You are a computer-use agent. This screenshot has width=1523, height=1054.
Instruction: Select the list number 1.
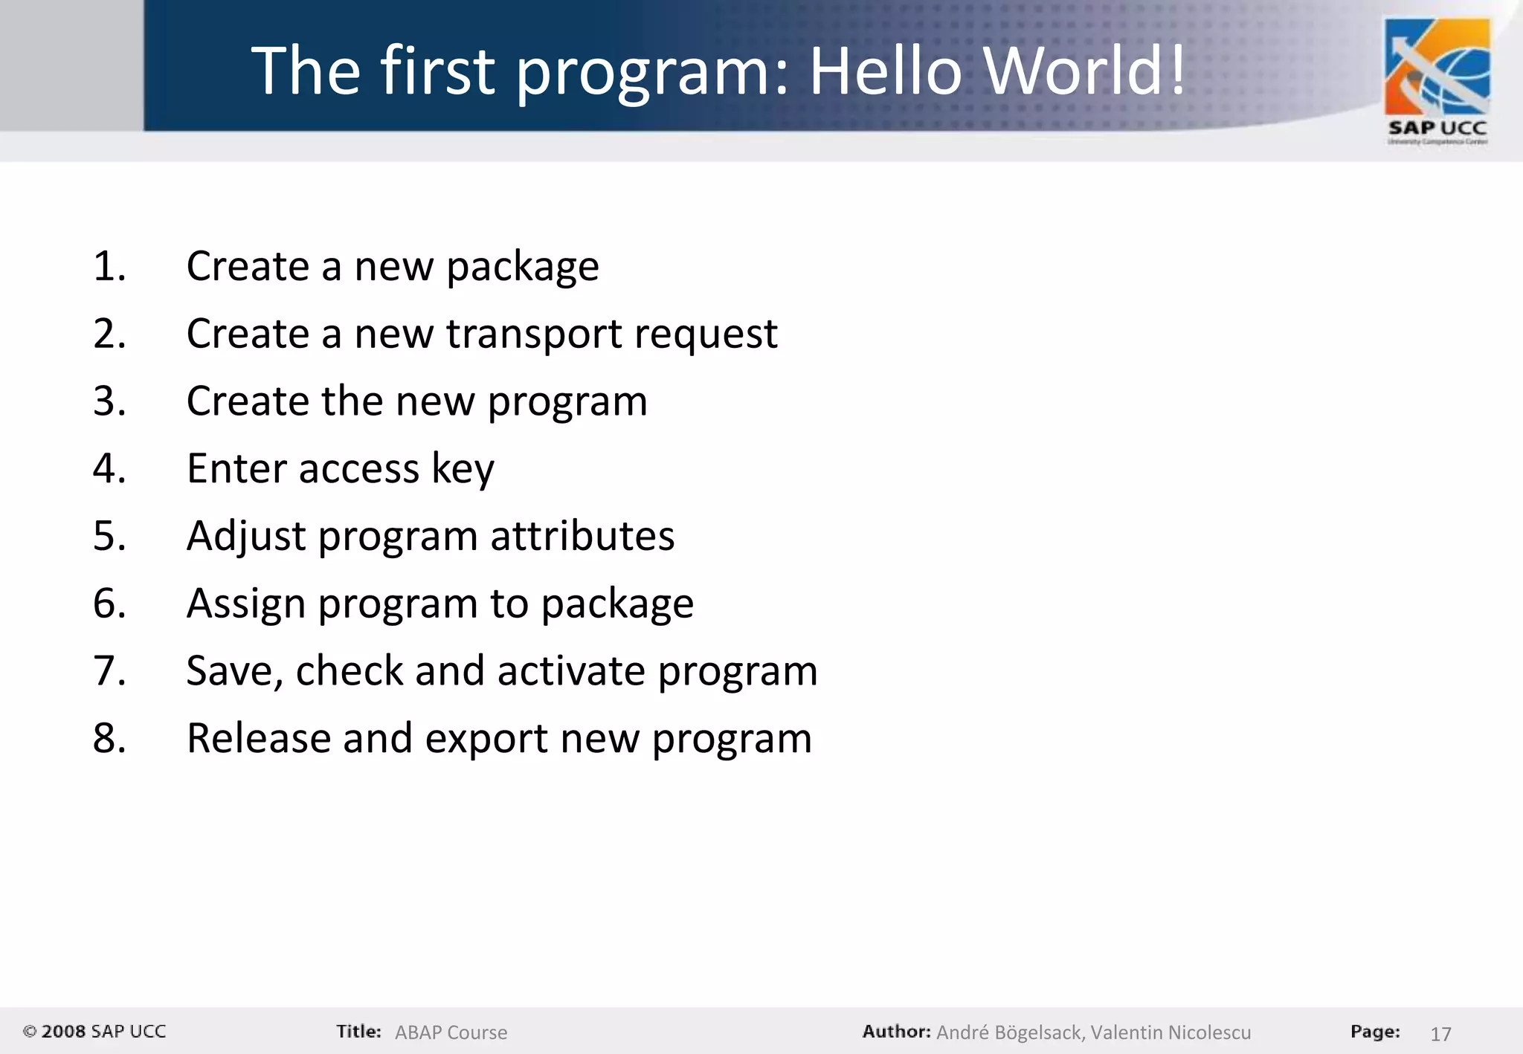(109, 266)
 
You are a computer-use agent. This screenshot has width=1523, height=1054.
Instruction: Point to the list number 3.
(109, 401)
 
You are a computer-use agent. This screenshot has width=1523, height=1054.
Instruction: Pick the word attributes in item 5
(582, 536)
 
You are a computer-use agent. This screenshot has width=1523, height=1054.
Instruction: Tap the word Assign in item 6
(246, 604)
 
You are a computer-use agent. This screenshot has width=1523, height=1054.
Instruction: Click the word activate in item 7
(571, 671)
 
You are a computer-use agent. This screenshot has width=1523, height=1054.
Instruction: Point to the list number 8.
(109, 739)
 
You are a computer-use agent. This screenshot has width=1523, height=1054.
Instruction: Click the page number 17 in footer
(1440, 1033)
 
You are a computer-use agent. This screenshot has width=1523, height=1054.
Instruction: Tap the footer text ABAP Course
(451, 1032)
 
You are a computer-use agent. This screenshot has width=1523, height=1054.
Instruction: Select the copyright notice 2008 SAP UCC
(94, 1032)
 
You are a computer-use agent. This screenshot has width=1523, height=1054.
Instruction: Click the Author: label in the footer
(896, 1032)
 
